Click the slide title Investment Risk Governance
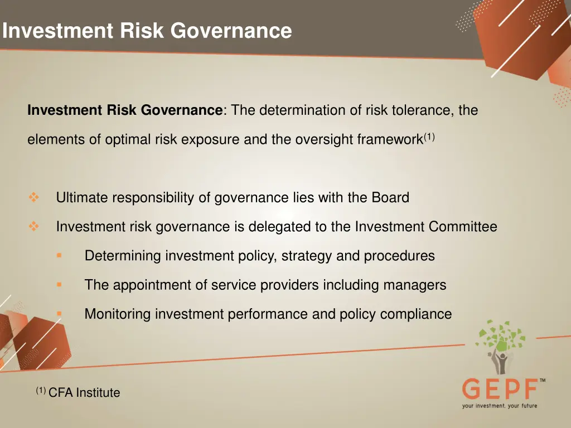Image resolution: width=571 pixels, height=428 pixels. coord(147,30)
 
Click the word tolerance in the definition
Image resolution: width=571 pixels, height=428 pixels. coord(425,110)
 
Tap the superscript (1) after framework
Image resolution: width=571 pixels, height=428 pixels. coord(429,137)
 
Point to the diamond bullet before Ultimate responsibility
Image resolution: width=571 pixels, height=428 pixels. coord(33,197)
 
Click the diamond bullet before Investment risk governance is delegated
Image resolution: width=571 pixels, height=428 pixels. coord(33,226)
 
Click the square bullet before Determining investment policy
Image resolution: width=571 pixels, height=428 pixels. coord(59,255)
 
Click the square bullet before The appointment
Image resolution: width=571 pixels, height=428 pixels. coord(59,284)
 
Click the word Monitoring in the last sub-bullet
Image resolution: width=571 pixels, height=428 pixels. coord(118,314)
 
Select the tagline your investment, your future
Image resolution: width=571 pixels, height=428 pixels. coord(500,406)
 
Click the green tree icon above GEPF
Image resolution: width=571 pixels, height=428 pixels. coord(500,340)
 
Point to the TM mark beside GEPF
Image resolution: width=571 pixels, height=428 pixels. coord(543,381)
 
